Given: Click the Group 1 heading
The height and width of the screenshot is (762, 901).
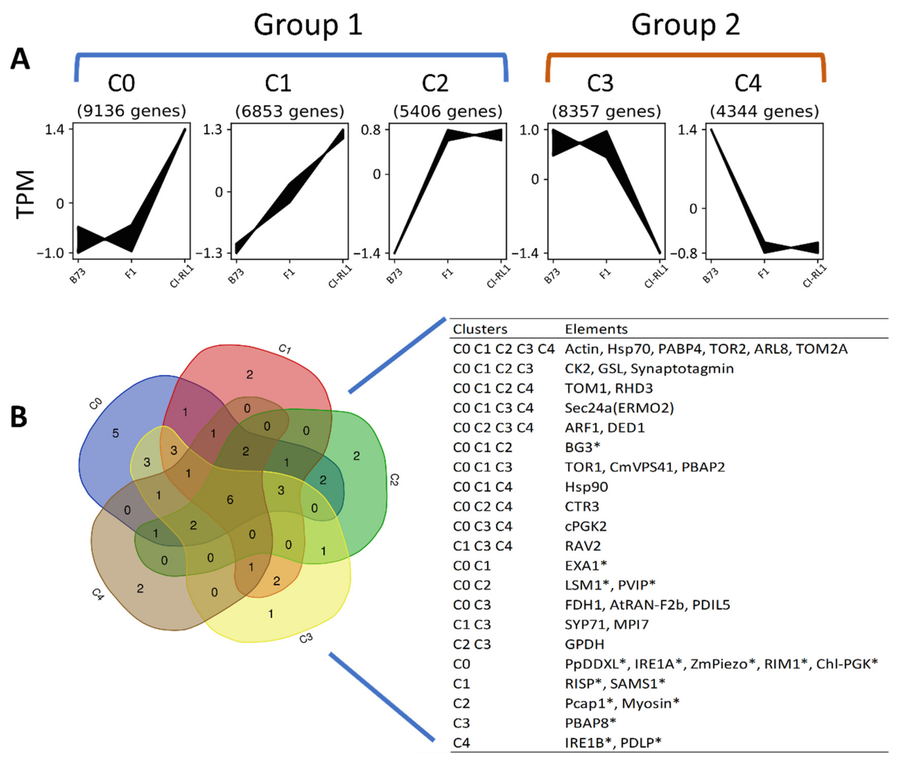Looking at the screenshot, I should [x=307, y=25].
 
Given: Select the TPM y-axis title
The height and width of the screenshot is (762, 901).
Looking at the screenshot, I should [x=25, y=194].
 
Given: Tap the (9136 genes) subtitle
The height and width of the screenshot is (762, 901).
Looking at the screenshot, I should [x=131, y=111].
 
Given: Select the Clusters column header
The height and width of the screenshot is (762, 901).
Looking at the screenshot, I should [x=480, y=329].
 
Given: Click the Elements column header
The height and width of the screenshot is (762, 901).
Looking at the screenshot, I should [x=596, y=329].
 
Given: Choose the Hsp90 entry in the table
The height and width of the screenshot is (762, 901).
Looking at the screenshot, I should [x=586, y=487].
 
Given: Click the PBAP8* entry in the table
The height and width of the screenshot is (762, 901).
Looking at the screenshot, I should [x=590, y=723].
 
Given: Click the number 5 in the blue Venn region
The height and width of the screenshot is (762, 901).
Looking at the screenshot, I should [x=116, y=433].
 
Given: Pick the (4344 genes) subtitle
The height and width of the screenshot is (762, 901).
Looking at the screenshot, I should [x=764, y=111].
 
